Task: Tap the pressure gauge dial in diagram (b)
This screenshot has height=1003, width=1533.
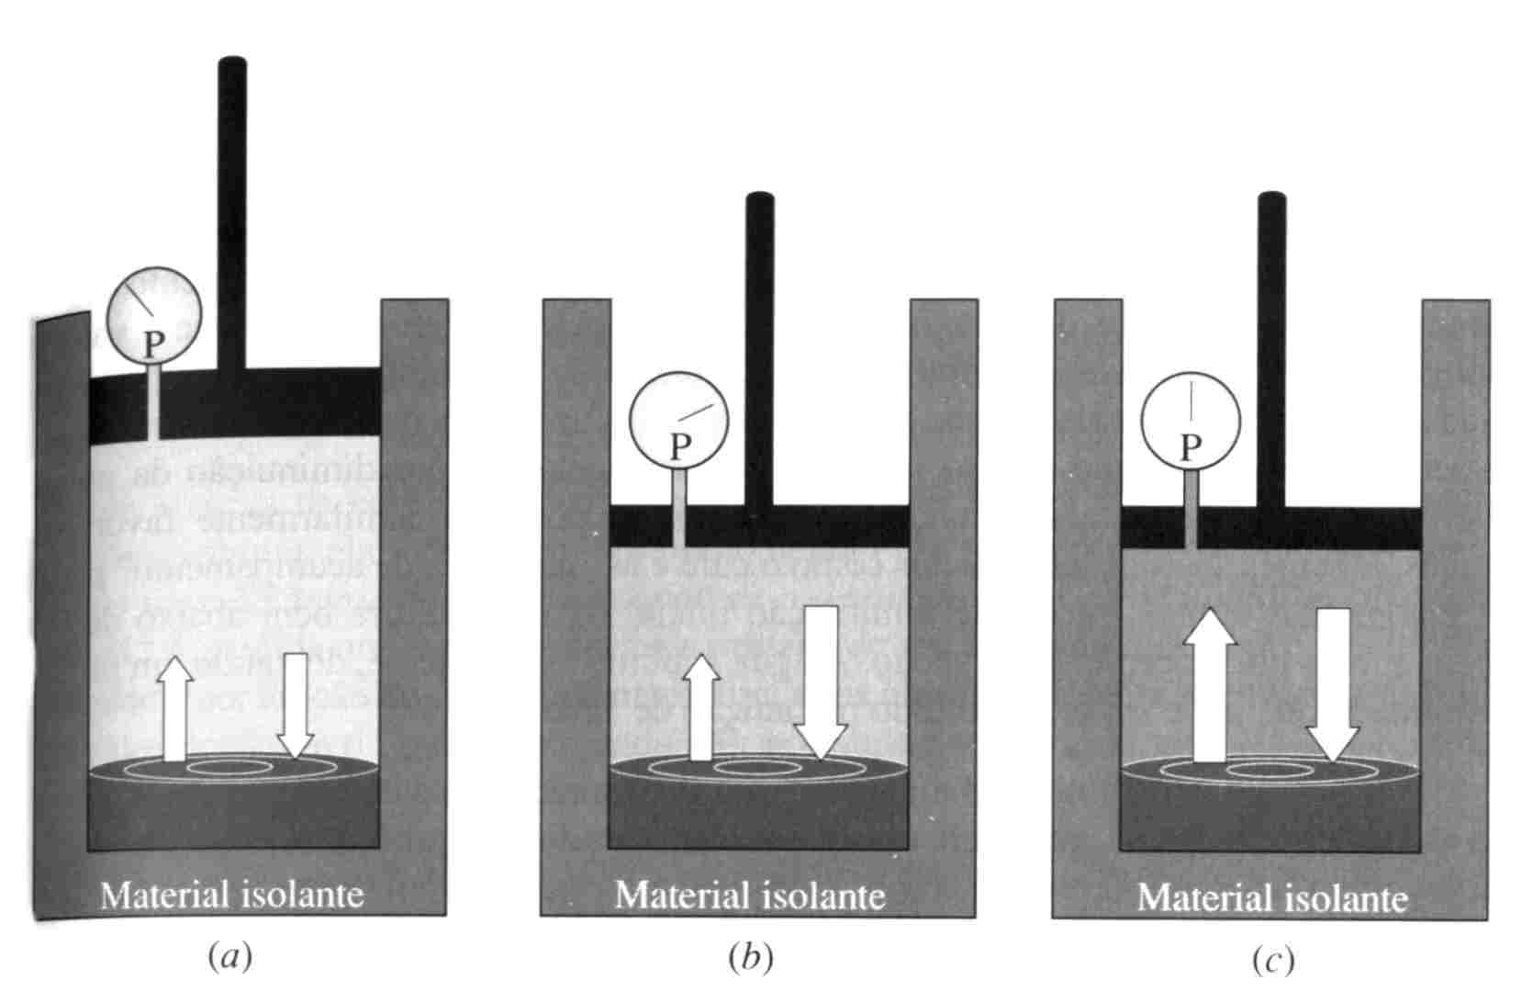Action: [678, 421]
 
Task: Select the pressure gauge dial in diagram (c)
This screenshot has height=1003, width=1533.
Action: [1191, 421]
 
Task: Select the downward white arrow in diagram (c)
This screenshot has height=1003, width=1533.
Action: [1333, 684]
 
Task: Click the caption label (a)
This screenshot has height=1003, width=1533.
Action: [229, 958]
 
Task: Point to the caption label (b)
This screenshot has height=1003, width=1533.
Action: [751, 958]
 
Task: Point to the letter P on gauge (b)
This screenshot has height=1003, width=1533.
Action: [679, 447]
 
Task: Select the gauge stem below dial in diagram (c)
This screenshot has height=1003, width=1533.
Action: [1191, 510]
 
